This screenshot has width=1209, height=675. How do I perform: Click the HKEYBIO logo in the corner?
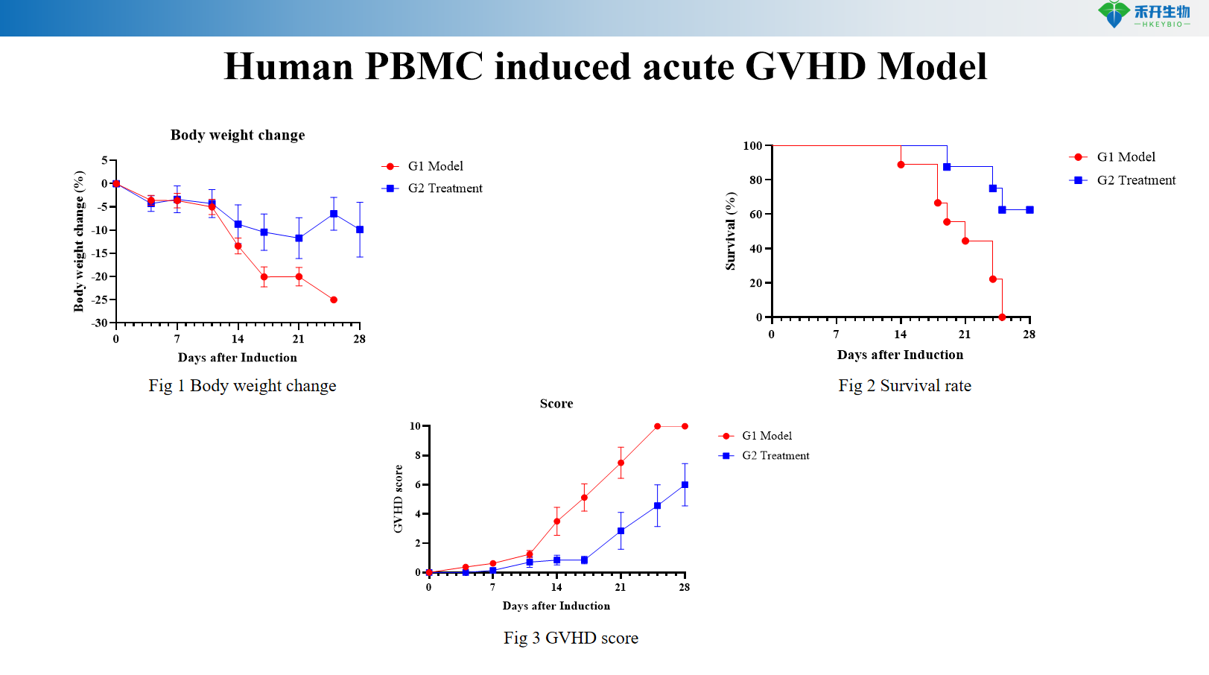click(1143, 15)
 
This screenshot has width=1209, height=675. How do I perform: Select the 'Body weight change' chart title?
click(238, 135)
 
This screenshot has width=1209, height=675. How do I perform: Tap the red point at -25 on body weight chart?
click(334, 300)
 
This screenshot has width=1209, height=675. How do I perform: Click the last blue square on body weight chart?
click(360, 229)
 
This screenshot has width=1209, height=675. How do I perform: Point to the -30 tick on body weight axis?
click(100, 323)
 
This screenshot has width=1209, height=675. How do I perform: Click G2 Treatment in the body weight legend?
click(445, 188)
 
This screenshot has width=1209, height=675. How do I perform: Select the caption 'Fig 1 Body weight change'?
click(242, 386)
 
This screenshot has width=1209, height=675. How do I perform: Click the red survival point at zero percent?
click(1002, 317)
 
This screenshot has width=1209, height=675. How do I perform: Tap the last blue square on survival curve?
click(1029, 210)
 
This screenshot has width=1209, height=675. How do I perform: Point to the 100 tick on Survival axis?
click(753, 146)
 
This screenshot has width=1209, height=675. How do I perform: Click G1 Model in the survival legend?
click(1126, 157)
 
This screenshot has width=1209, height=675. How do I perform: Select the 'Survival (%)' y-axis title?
click(731, 231)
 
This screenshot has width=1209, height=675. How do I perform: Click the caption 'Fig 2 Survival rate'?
click(904, 386)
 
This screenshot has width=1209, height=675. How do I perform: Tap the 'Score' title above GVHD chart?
click(556, 404)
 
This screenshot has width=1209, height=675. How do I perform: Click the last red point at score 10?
click(685, 426)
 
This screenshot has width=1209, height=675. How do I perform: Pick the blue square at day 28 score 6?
click(685, 485)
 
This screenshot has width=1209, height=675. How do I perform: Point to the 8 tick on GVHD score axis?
click(419, 455)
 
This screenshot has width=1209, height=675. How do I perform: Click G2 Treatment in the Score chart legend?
click(775, 456)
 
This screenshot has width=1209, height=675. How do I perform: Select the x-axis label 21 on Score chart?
click(621, 587)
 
